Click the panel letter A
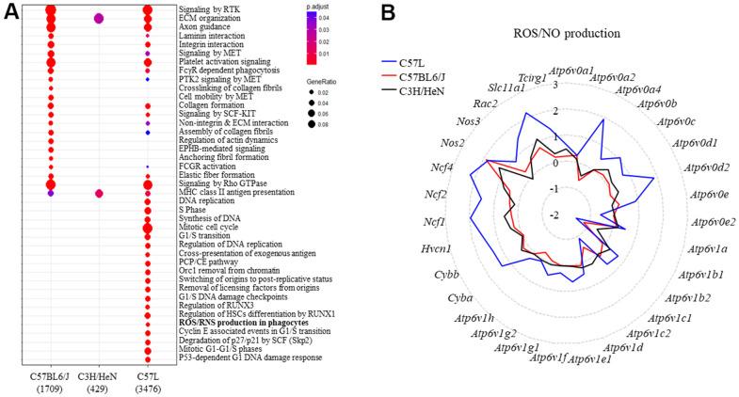pos(9,11)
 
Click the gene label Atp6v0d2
pos(699,168)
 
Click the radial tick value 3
pos(555,86)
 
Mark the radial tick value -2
pos(554,214)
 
